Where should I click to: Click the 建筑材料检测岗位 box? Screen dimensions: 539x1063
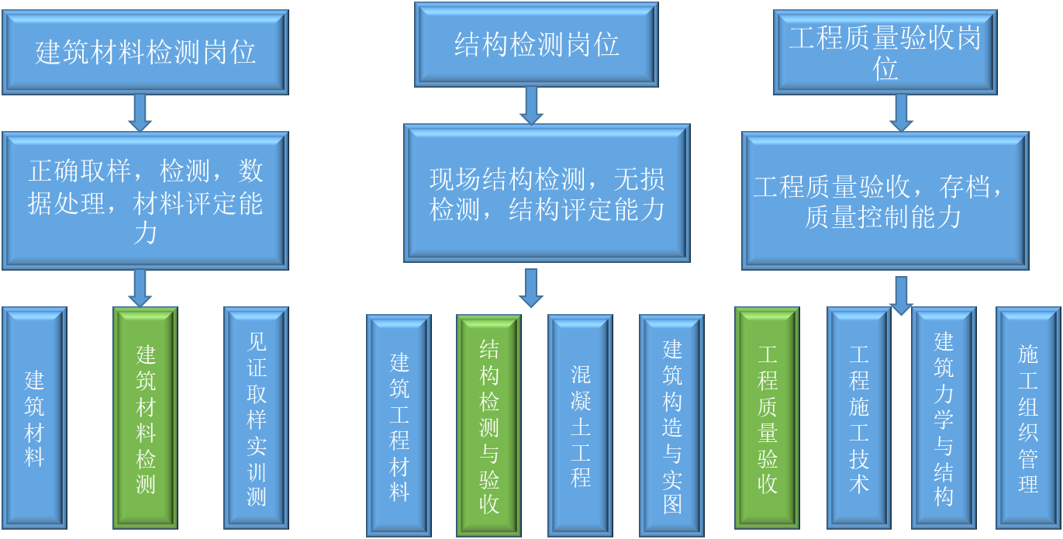click(x=145, y=52)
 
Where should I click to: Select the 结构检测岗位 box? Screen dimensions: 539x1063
click(x=536, y=44)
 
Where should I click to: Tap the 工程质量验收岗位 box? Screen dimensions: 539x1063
click(x=885, y=52)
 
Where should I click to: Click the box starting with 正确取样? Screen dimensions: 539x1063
click(x=145, y=201)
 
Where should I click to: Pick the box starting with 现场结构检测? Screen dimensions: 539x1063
click(x=547, y=193)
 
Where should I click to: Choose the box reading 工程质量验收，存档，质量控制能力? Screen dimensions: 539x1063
click(x=885, y=201)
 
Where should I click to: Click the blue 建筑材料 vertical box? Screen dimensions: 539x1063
click(x=34, y=417)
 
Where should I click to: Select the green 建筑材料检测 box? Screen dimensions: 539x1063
click(x=146, y=417)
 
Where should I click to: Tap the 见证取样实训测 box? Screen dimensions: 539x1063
click(x=256, y=417)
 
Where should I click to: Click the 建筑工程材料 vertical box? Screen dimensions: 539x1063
click(x=399, y=425)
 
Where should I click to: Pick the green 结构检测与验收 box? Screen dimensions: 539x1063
click(x=488, y=425)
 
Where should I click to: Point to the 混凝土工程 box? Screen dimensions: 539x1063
click(x=580, y=425)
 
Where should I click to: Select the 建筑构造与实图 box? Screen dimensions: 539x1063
click(x=671, y=425)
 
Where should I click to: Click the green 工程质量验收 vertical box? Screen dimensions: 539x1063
click(x=767, y=417)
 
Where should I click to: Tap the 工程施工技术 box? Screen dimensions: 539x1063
click(x=858, y=417)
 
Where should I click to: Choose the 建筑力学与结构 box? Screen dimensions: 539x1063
click(x=943, y=417)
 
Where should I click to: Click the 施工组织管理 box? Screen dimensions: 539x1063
click(x=1028, y=417)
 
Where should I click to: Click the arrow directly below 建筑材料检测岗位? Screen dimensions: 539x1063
click(x=140, y=112)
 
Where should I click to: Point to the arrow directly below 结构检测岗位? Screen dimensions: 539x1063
click(x=531, y=105)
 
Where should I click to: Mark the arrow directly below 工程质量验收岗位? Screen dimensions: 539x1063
click(x=900, y=112)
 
